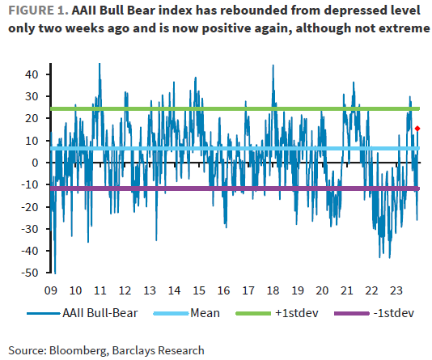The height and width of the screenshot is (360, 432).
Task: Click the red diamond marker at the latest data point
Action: [417, 128]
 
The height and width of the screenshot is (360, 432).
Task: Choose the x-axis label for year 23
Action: [396, 290]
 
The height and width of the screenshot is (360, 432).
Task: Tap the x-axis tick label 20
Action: [321, 290]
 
